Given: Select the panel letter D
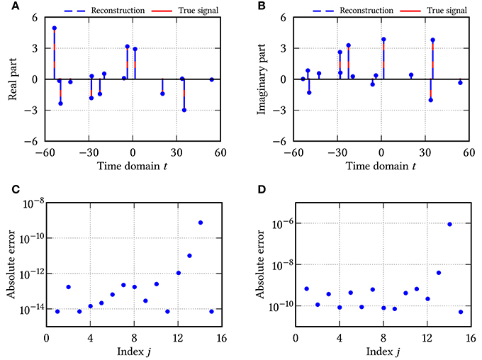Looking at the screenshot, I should tap(254, 189).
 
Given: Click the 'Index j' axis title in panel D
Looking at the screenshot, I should tap(383, 352).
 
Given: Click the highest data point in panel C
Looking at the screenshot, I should tap(201, 223).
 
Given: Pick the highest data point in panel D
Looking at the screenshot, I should tap(449, 224).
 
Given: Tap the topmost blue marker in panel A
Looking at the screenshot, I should tap(55, 28).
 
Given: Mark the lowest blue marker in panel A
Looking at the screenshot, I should tap(184, 110).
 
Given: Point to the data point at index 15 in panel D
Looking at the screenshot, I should tap(461, 312).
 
